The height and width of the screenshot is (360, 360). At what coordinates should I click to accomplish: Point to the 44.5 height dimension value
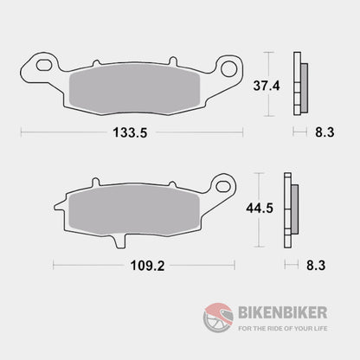tap(255, 209)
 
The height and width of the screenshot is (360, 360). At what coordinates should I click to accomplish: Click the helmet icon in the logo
tap(216, 312)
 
